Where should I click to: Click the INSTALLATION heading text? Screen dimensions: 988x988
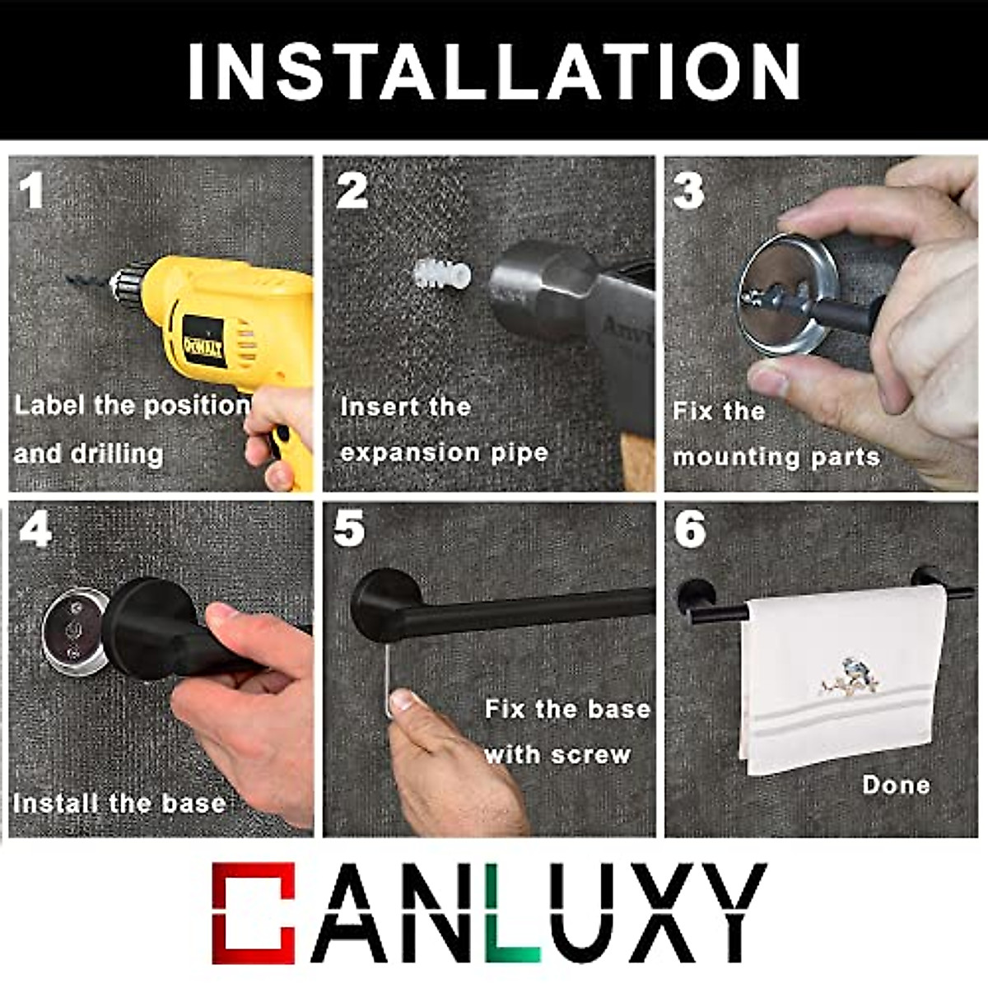[x=494, y=71]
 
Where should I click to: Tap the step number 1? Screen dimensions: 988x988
[x=32, y=191]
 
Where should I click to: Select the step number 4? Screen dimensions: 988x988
[x=35, y=530]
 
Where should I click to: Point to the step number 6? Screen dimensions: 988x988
[x=690, y=529]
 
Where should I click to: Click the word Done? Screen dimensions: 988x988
[x=896, y=785]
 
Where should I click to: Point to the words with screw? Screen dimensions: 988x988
[x=557, y=754]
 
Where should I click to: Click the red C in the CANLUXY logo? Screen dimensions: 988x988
[x=252, y=913]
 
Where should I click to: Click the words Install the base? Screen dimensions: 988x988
[x=119, y=804]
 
